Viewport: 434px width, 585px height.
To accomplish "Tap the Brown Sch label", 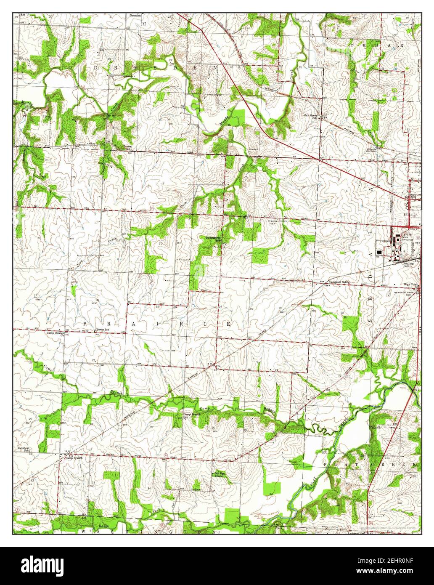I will point(127,148).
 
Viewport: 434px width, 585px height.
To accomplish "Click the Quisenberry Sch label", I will point(214,239).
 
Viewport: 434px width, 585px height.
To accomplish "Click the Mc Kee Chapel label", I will point(219,474).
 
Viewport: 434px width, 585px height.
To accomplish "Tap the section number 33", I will point(93,482).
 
